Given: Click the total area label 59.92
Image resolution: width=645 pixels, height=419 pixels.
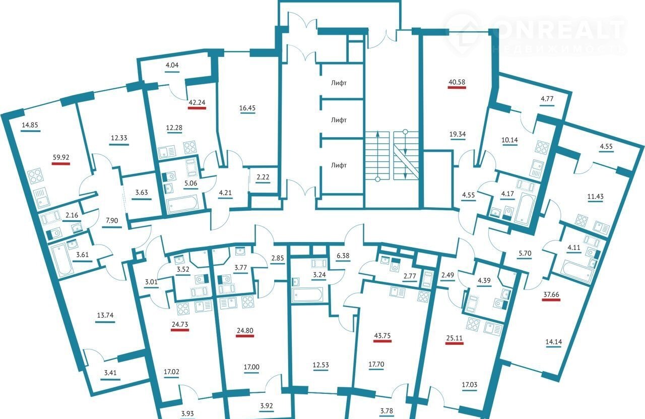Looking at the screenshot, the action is click(x=61, y=157).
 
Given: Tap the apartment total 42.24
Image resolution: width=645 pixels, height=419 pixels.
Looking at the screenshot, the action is click(x=197, y=102).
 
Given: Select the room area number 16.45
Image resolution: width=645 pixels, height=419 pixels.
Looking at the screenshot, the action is click(x=247, y=108).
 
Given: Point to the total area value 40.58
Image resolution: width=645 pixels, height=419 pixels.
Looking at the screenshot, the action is click(x=457, y=82).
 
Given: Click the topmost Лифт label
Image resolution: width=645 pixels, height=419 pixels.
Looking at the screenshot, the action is click(x=339, y=83).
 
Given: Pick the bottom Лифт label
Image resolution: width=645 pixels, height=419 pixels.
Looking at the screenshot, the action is click(x=339, y=165).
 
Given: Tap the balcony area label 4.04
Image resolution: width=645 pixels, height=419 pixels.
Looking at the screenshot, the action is click(x=172, y=65).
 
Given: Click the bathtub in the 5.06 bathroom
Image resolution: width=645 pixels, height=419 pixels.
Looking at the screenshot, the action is click(x=183, y=204).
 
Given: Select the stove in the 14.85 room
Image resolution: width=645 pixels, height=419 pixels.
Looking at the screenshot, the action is click(x=35, y=176).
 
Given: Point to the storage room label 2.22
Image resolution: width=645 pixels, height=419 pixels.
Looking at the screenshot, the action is click(x=263, y=177).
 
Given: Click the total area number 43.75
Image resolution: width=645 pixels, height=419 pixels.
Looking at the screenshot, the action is click(x=382, y=336).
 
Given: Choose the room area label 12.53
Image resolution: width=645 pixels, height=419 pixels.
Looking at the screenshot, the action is click(x=321, y=365).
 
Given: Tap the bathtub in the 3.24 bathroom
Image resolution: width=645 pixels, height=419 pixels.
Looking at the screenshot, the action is click(x=307, y=294).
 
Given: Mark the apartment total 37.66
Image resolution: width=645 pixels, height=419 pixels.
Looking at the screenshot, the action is click(x=551, y=294).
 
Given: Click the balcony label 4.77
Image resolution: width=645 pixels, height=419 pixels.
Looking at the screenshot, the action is click(x=547, y=99).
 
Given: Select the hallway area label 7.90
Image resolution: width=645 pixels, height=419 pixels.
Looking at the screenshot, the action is click(x=112, y=221).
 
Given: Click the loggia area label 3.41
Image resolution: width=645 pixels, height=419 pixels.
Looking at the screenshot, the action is click(x=110, y=373).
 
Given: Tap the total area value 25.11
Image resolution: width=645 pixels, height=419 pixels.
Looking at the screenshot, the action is click(x=455, y=338).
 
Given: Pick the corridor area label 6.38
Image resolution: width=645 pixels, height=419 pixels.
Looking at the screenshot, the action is click(x=343, y=256).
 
